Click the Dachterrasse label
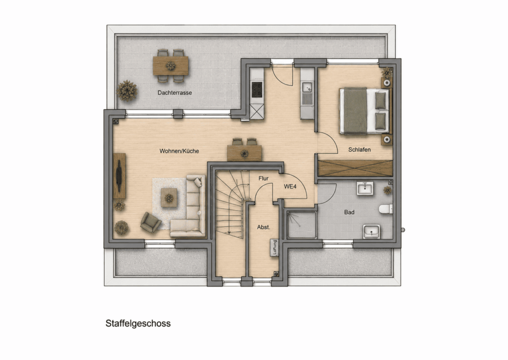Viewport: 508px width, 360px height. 175,93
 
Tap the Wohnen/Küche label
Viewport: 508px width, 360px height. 179,151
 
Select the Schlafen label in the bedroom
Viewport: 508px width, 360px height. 359,150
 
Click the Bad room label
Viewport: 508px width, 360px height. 349,212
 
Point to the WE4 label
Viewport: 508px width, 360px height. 290,187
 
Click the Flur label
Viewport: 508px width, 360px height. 263,178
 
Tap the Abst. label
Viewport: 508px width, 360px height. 263,227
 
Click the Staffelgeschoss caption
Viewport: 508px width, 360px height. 138,324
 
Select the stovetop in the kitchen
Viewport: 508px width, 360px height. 257,89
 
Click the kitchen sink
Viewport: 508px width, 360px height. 307,87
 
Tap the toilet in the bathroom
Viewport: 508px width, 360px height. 386,209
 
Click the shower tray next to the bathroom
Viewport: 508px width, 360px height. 301,225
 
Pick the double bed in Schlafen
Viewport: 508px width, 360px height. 364,111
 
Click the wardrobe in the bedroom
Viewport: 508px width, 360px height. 355,168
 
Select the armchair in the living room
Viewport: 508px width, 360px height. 151,222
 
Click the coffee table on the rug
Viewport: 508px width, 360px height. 169,198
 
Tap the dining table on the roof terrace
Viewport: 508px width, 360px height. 171,66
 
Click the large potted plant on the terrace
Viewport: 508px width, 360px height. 127,91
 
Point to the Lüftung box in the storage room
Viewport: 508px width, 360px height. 275,248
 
